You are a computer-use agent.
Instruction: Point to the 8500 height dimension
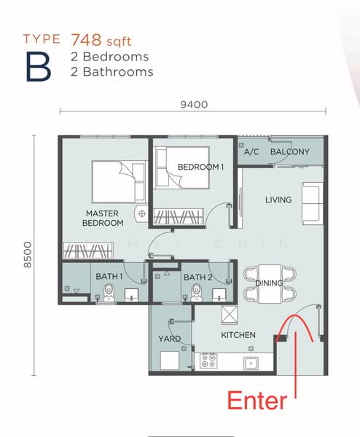(x=28, y=254)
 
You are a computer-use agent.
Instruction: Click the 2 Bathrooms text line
(x=112, y=71)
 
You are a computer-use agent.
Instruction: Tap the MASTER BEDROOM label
(x=102, y=218)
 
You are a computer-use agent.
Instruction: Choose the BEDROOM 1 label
(x=200, y=167)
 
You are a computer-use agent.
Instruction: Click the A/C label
(x=251, y=152)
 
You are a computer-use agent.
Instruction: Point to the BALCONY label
(x=289, y=152)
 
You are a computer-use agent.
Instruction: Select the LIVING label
(x=278, y=200)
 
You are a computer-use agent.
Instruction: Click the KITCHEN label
(x=238, y=335)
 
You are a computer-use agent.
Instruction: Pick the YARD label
(x=169, y=339)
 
